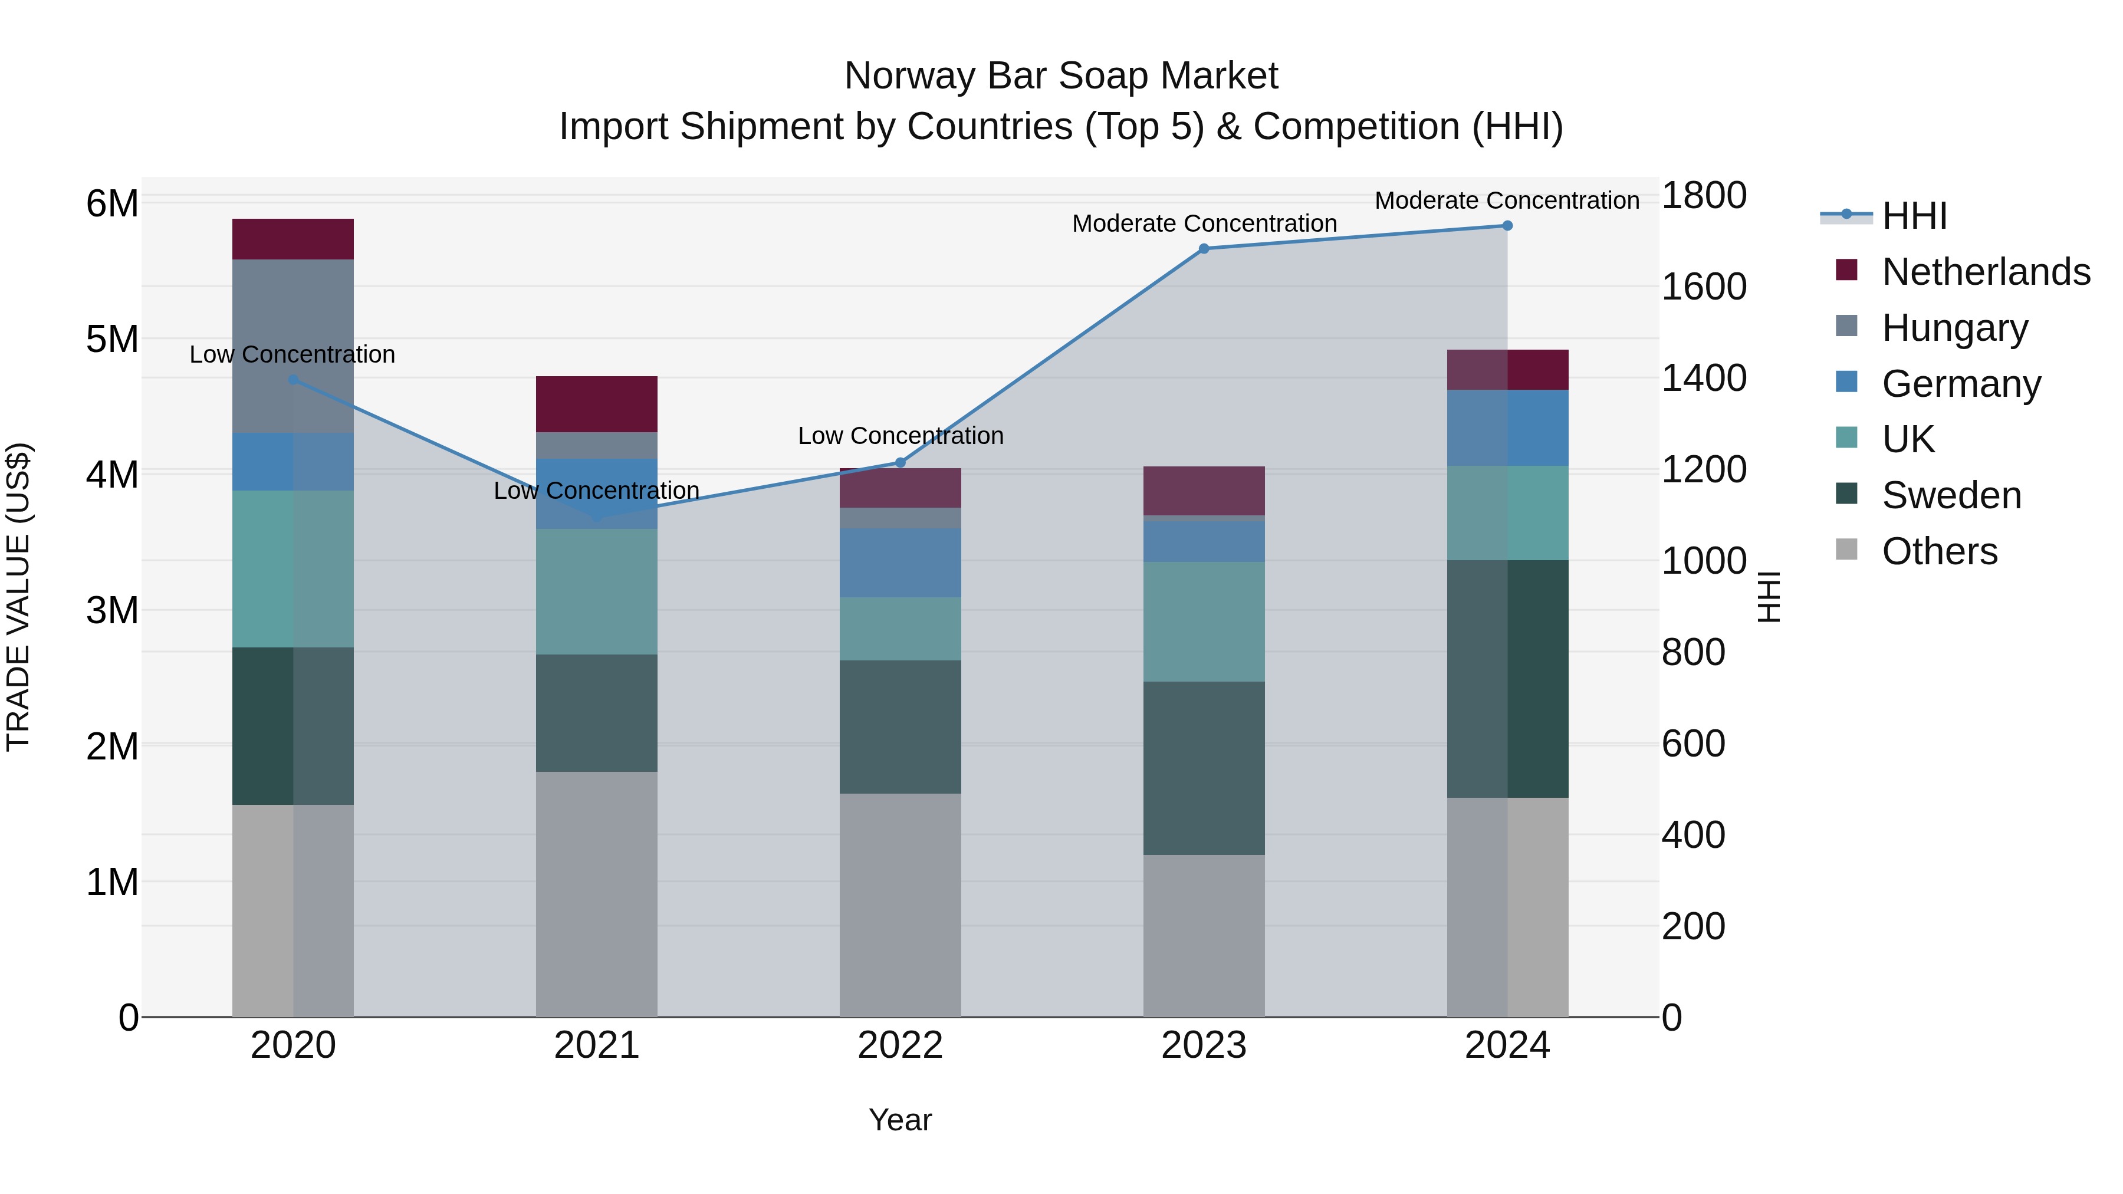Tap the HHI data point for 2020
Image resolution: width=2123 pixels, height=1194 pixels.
tap(294, 380)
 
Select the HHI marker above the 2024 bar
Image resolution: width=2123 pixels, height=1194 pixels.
tap(1507, 226)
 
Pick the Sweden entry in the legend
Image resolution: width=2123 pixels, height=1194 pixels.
tap(1951, 495)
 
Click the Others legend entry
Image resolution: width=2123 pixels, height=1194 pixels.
tap(1939, 551)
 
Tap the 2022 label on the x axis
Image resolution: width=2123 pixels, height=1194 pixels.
tap(900, 1045)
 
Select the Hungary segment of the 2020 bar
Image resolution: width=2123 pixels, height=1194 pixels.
tap(294, 346)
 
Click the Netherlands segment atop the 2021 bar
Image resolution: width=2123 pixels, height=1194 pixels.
tap(597, 404)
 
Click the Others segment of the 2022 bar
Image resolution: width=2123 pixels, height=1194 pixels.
tap(900, 904)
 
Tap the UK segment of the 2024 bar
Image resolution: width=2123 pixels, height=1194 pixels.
tap(1507, 512)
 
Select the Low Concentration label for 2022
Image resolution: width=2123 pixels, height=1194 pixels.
tap(900, 436)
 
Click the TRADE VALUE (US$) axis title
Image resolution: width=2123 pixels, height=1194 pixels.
tap(18, 597)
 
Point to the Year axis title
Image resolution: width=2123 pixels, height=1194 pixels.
tap(900, 1120)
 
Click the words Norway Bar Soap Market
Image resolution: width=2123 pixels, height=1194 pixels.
tap(1061, 76)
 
